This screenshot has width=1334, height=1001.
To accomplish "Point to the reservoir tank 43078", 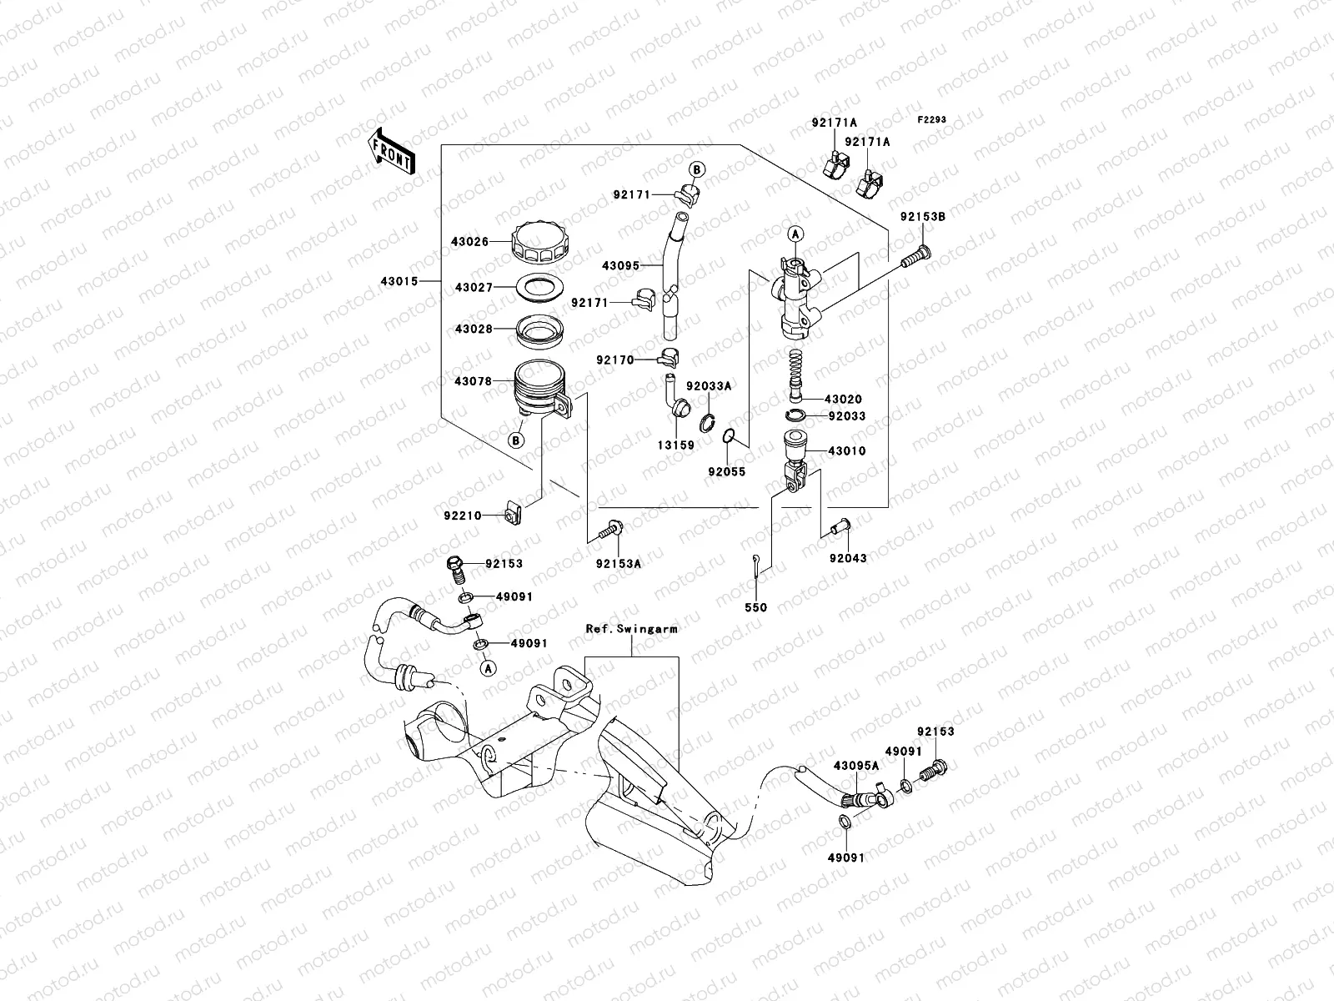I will tap(542, 387).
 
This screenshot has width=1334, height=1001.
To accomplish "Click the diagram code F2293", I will tap(932, 120).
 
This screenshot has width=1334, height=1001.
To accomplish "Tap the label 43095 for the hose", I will tap(620, 266).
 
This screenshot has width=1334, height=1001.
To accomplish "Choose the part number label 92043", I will tap(847, 558).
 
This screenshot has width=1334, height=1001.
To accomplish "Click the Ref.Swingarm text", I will tap(631, 630).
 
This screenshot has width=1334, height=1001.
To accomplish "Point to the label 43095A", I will tap(853, 764).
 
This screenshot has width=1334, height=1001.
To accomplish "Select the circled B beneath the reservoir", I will tap(516, 440).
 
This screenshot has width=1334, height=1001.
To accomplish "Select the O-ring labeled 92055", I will tap(727, 436).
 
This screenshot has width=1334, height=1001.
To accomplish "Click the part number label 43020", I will tap(844, 400).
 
